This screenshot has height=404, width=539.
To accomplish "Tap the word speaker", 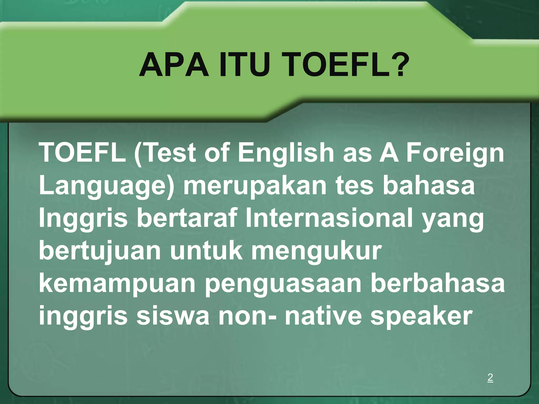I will pos(421,317).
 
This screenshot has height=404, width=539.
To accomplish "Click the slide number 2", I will pos(490,377).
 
